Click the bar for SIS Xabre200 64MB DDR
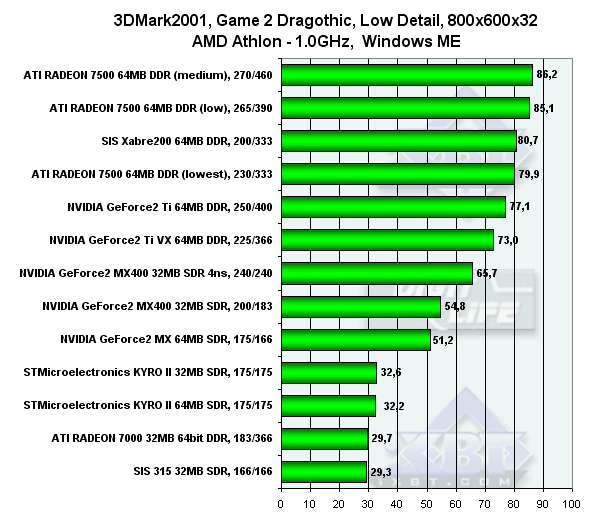pyautogui.click(x=398, y=141)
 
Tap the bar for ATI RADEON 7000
pyautogui.click(x=324, y=437)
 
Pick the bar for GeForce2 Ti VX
pyautogui.click(x=387, y=240)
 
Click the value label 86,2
pyautogui.click(x=548, y=75)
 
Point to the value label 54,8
pyautogui.click(x=456, y=306)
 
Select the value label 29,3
pyautogui.click(x=382, y=470)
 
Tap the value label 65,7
pyautogui.click(x=488, y=273)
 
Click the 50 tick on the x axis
pyautogui.click(x=426, y=501)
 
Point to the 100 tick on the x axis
pyautogui.click(x=571, y=501)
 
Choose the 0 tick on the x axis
pyautogui.click(x=281, y=501)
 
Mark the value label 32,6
pyautogui.click(x=392, y=372)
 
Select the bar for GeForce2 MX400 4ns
pyautogui.click(x=376, y=273)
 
